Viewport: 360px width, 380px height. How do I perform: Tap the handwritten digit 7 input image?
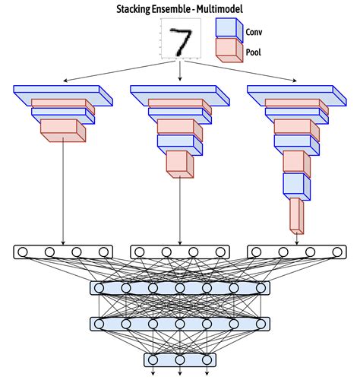coord(181,40)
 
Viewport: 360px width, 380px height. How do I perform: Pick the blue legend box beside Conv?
coord(229,28)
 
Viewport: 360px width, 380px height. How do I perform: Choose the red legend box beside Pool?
coord(229,49)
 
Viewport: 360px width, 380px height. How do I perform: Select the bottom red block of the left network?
coord(62,130)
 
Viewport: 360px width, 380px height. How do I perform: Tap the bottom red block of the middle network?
coord(179,164)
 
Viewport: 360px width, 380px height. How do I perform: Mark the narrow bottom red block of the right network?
coord(296,216)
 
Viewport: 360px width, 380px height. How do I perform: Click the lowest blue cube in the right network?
coord(296,185)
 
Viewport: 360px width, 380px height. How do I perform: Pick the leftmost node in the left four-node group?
coord(23,252)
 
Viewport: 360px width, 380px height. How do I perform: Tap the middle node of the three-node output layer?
coord(180,359)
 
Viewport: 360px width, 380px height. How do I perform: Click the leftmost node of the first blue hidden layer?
coord(99,288)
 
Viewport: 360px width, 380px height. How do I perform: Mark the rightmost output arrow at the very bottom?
coord(207,372)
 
